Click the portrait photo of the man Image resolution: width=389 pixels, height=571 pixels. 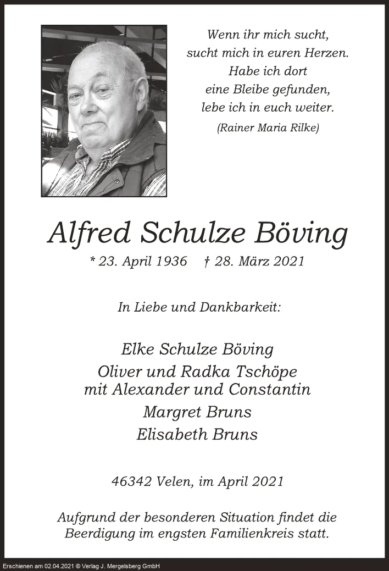[x=104, y=110]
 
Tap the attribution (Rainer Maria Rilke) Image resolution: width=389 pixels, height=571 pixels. [x=268, y=127]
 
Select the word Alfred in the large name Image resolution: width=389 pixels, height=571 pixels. [x=89, y=234]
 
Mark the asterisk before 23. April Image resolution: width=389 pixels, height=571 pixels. [x=92, y=260]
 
